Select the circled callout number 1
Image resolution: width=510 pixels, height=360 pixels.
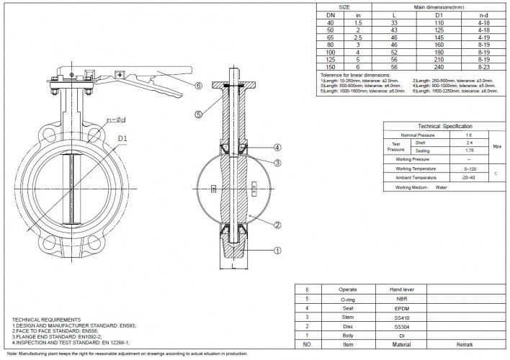pos(276,251)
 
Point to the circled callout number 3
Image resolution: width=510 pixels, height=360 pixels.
pos(277,163)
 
